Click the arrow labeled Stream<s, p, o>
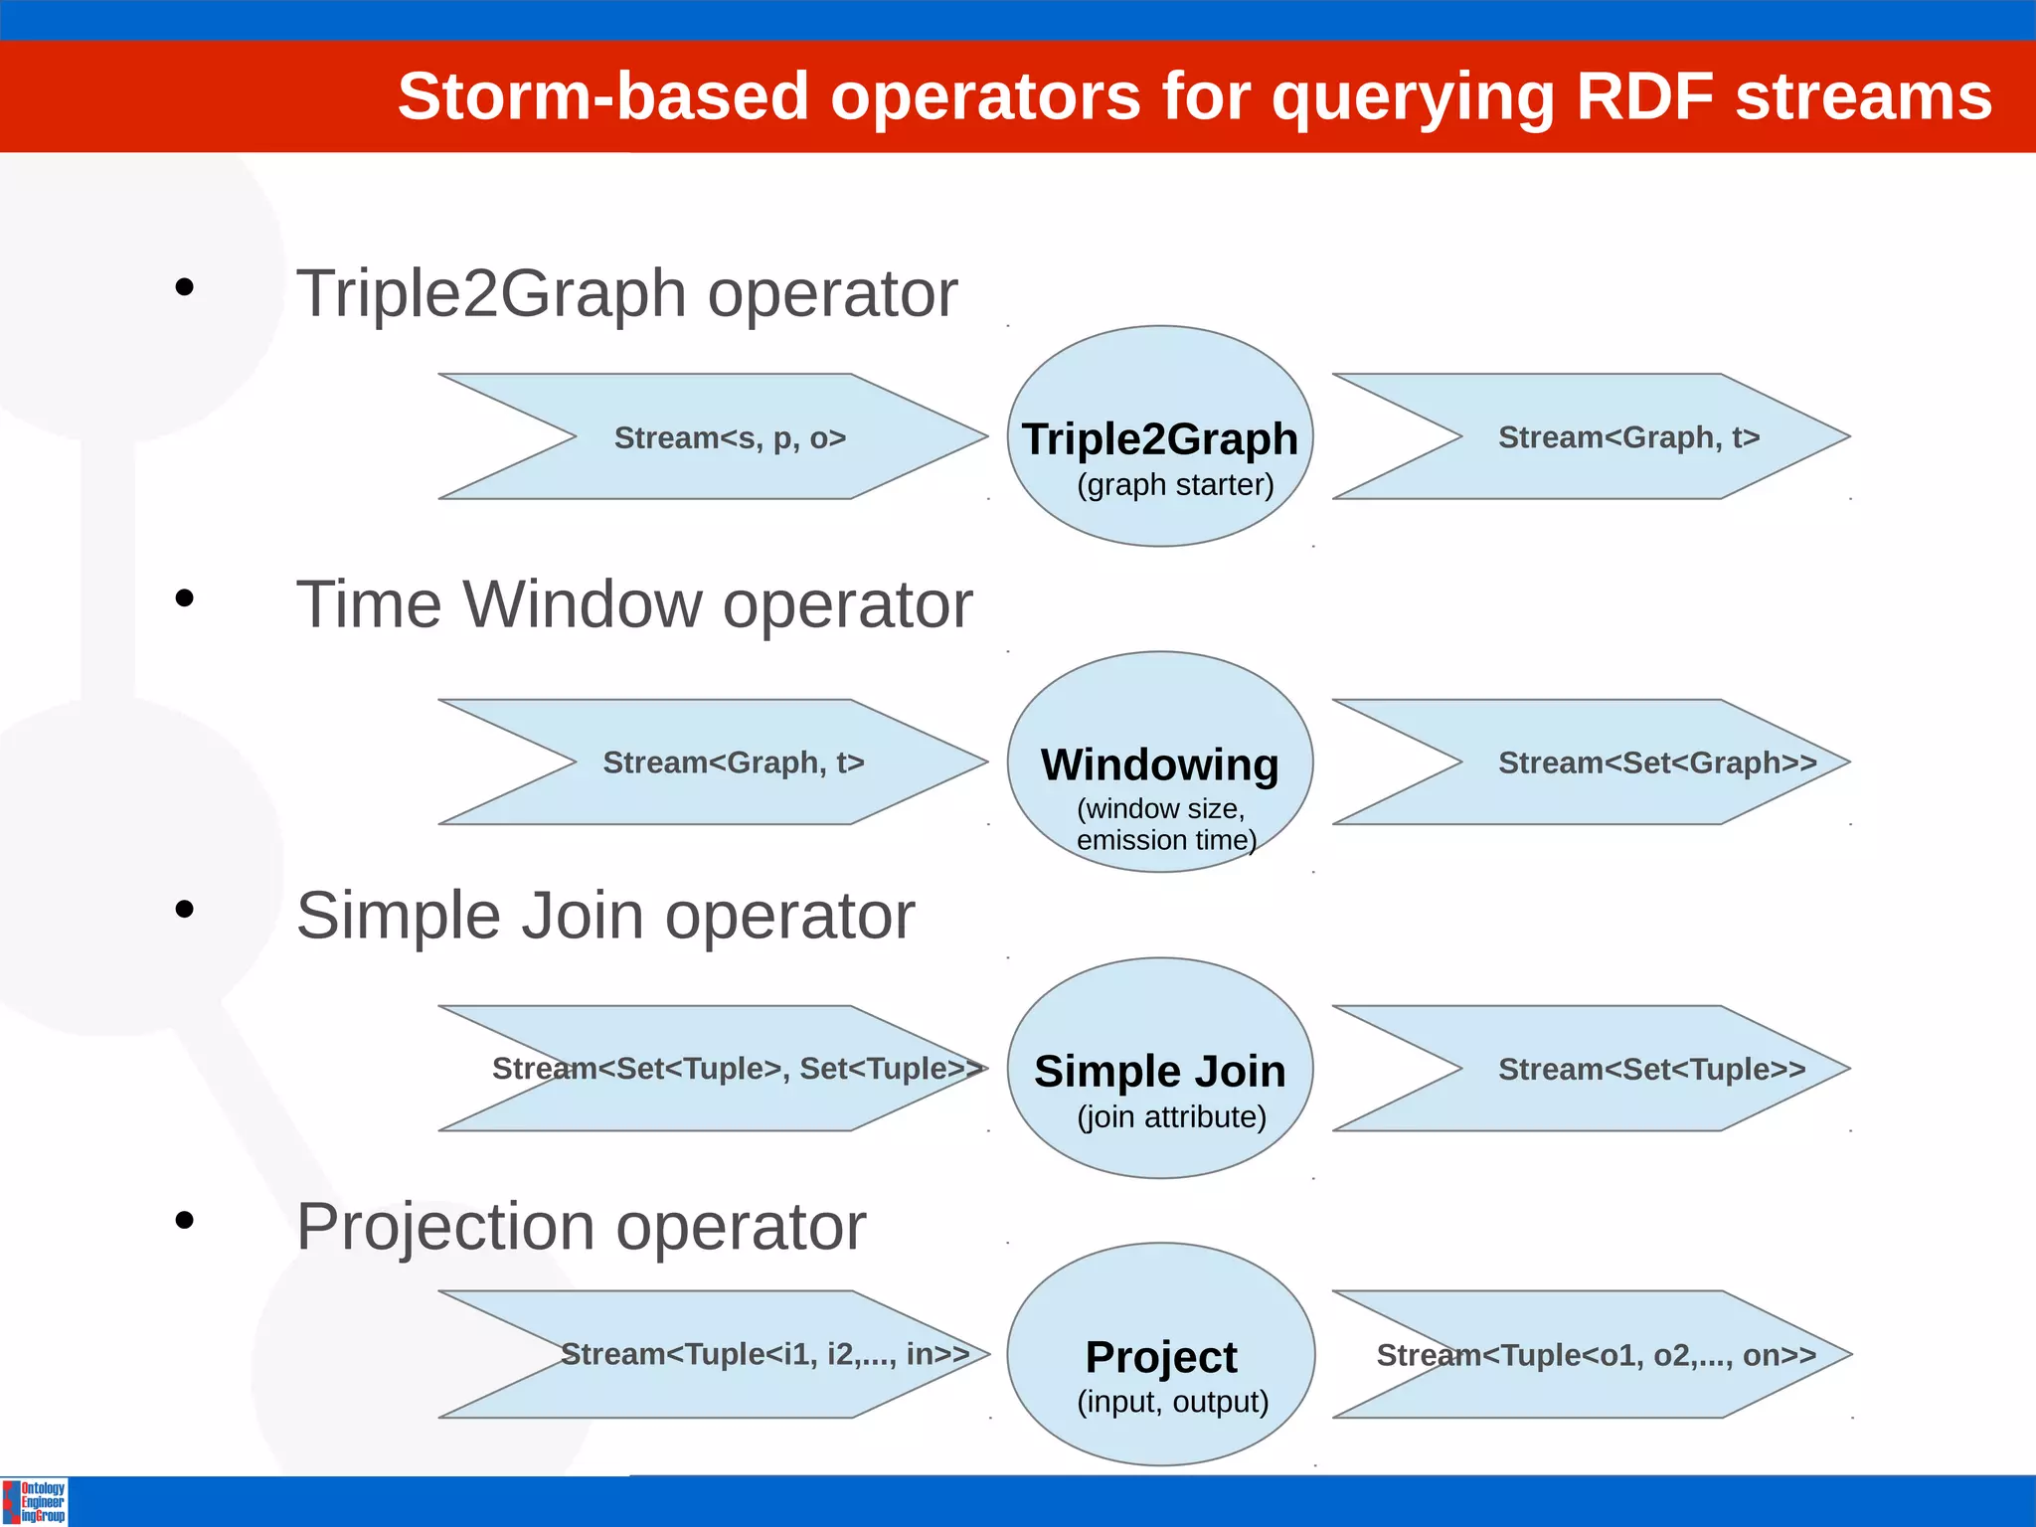point(730,437)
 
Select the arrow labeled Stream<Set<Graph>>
point(1630,763)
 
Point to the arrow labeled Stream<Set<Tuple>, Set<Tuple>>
point(736,1069)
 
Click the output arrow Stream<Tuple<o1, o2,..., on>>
point(1597,1355)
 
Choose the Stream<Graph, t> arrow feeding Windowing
point(734,763)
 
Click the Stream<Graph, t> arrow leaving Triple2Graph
point(1628,437)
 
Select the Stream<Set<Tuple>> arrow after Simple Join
point(1650,1069)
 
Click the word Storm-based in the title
point(602,96)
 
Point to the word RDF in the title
point(1645,96)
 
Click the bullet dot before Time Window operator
point(184,598)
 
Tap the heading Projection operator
point(581,1227)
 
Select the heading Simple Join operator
point(604,916)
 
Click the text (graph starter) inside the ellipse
point(1175,485)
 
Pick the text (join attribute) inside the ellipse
point(1171,1117)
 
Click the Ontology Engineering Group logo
point(35,1501)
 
